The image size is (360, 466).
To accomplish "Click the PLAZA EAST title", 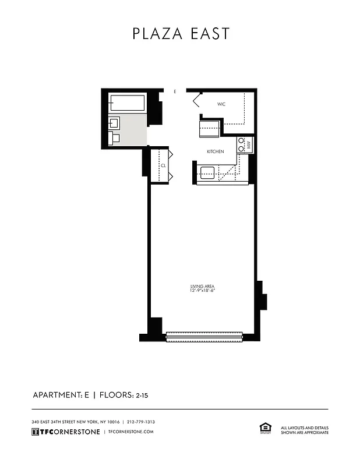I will coord(180,34).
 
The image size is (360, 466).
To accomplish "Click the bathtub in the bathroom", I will coord(127,104).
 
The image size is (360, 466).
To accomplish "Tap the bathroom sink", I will coord(114,123).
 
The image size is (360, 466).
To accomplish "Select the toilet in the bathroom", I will coord(114,138).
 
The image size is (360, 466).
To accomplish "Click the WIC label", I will coord(221,104).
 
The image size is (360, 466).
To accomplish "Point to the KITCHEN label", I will coord(216,151).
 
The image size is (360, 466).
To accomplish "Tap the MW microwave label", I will coord(249,144).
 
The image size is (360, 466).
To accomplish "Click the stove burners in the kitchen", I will coord(241,144).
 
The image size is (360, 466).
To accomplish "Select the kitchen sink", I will coord(207,172).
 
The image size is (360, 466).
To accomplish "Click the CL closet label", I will coord(163,165).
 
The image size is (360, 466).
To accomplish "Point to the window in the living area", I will coord(204,336).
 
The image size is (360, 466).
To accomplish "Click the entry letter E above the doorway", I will coord(175,91).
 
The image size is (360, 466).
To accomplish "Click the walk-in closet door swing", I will coord(197,100).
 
